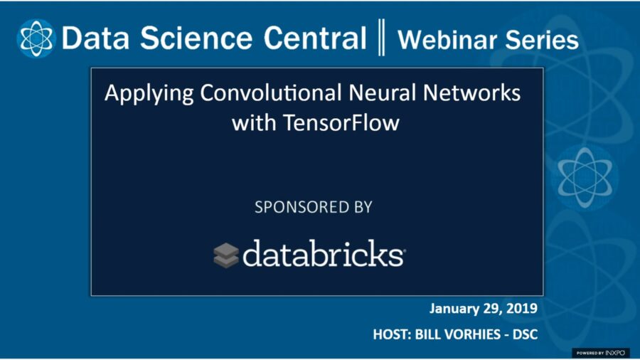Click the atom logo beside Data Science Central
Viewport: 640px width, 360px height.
coord(36,38)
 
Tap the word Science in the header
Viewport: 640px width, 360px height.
coord(186,38)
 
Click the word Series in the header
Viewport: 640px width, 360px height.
coord(543,40)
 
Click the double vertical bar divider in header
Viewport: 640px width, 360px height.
coord(382,38)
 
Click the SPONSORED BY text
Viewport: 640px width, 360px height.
coord(314,208)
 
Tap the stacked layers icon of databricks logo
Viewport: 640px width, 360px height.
coord(226,255)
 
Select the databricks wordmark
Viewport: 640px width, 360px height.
coord(324,254)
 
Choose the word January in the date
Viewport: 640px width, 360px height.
coord(454,309)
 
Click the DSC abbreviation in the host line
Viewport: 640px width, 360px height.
coord(523,334)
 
